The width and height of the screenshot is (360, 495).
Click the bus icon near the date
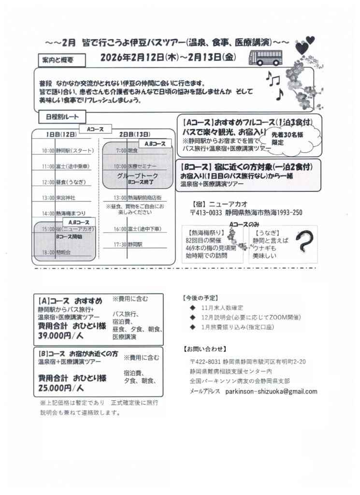[264, 59]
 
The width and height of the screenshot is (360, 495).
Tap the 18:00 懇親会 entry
[57, 252]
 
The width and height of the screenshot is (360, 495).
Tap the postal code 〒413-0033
[210, 212]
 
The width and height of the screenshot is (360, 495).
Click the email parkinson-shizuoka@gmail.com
[271, 391]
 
